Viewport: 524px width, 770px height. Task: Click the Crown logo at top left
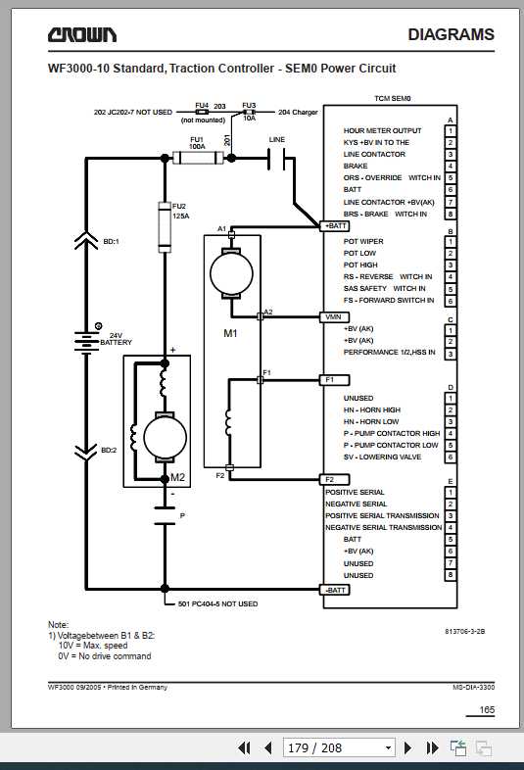(x=83, y=35)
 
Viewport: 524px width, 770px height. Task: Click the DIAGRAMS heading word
(x=451, y=35)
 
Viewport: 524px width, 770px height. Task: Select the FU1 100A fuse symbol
(x=197, y=155)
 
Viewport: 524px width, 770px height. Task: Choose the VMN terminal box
(x=332, y=317)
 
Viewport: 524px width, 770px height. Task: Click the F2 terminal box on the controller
(x=330, y=479)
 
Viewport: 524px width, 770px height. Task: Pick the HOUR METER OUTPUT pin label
(x=382, y=131)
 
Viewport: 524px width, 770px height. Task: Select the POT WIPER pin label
(x=363, y=241)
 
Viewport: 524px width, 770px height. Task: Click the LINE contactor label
(x=277, y=140)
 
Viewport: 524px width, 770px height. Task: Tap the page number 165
(x=486, y=709)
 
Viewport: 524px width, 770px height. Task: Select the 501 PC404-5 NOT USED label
(x=217, y=603)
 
